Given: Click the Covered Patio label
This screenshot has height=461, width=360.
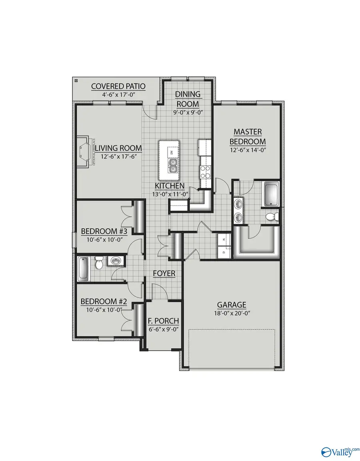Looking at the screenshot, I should [x=118, y=86].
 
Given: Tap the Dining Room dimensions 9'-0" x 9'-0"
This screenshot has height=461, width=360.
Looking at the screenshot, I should [x=188, y=112].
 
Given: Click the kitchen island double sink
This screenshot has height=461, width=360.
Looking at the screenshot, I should [x=173, y=165].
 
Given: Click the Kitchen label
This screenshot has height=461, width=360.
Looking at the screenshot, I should [x=170, y=186].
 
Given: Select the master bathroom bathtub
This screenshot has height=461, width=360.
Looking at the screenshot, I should [x=272, y=195].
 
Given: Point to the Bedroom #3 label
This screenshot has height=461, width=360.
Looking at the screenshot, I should [x=104, y=231].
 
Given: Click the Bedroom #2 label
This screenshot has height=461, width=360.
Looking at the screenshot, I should [x=104, y=301].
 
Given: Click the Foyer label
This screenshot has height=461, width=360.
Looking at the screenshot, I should [x=164, y=273].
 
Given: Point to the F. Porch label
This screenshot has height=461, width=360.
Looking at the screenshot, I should [x=163, y=321].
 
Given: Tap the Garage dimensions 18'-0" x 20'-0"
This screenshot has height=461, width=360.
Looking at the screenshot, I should [x=232, y=313].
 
